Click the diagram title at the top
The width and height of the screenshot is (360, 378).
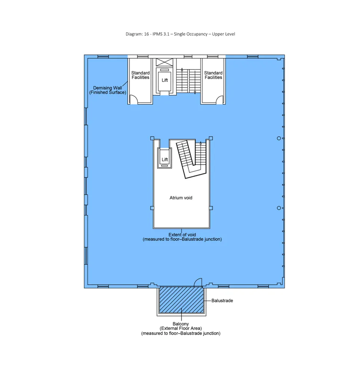coord(180,34)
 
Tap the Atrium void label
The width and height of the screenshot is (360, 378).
coord(181,198)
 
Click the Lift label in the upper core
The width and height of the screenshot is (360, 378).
coord(164,80)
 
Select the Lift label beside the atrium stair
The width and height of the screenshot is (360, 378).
coord(165,159)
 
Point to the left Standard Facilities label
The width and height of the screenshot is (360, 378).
coord(140,75)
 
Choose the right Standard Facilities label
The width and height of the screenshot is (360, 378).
coord(213,75)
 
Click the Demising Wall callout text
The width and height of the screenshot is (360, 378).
coord(108,90)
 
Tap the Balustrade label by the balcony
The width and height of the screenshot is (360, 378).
coord(222,301)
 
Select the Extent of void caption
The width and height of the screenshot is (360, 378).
coord(182,237)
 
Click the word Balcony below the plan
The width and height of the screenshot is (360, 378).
coord(181,324)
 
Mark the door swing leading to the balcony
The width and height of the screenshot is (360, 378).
coord(198,283)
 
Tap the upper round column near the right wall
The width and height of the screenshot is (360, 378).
coord(279,138)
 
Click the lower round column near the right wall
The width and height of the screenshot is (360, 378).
coord(279,208)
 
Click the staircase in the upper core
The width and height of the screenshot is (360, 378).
coord(188,81)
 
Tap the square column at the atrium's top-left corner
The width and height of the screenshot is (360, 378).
coord(152,138)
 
